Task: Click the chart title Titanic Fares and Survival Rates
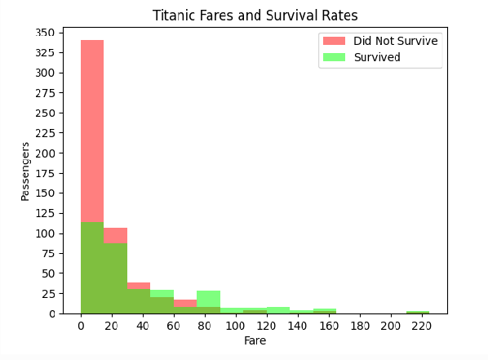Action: point(255,16)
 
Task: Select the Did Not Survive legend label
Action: point(395,41)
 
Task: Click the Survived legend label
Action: point(376,56)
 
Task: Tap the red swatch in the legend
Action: point(333,41)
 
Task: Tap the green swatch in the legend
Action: point(333,56)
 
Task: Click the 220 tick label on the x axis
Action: point(421,326)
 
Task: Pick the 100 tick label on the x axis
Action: point(235,326)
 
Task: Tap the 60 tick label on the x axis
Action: point(173,326)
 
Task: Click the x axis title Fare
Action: point(255,340)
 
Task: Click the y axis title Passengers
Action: point(26,171)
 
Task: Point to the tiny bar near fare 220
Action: point(418,312)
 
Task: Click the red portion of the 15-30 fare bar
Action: point(115,235)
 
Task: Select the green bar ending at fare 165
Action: point(324,311)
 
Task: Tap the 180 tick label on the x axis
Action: point(359,326)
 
